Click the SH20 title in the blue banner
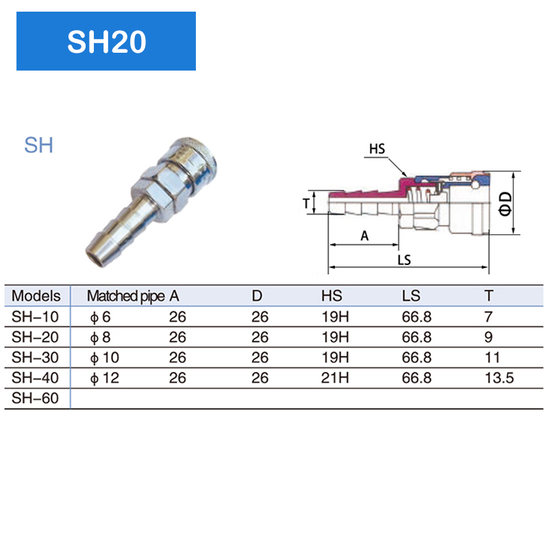[x=106, y=42]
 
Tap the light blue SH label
[x=38, y=145]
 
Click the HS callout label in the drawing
[x=377, y=148]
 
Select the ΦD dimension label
[x=505, y=203]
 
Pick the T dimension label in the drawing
[x=306, y=203]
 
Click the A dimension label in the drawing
[x=364, y=236]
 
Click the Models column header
[x=36, y=296]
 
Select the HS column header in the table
[x=332, y=296]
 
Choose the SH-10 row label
[x=36, y=316]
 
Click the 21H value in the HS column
[x=336, y=378]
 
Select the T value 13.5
[x=499, y=378]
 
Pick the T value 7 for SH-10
[x=488, y=316]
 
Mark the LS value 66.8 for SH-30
[x=416, y=358]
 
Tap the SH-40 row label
[x=36, y=378]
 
